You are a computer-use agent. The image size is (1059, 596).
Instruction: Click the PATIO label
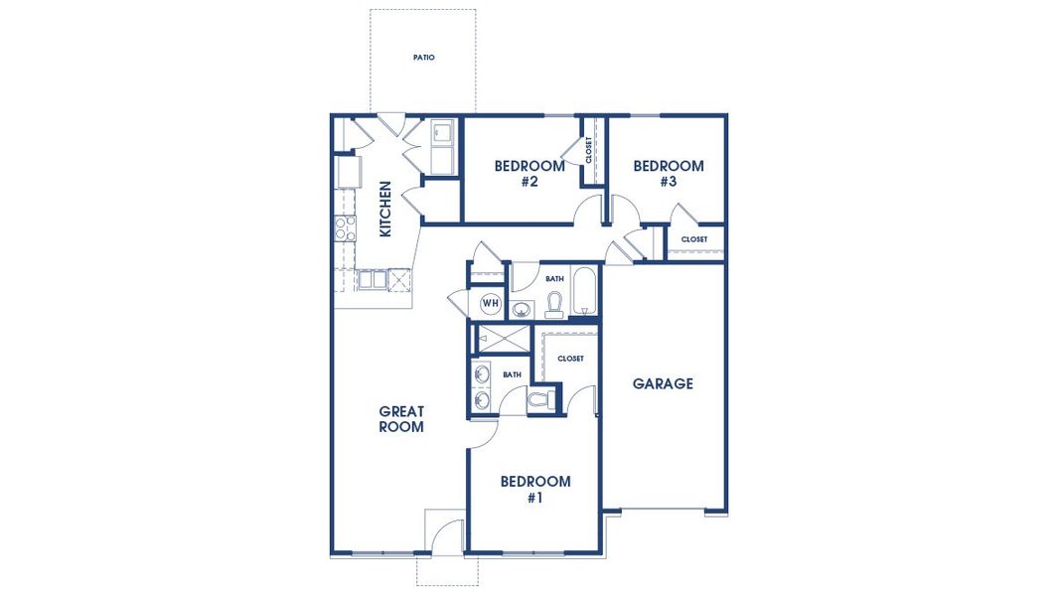click(x=423, y=58)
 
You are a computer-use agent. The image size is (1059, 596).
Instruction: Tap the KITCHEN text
click(x=385, y=209)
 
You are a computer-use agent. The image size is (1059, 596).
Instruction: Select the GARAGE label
click(x=663, y=383)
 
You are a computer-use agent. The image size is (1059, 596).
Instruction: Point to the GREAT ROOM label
click(x=401, y=419)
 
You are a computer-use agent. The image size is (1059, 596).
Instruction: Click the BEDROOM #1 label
click(x=534, y=489)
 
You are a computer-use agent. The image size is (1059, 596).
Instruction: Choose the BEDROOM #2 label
click(x=529, y=174)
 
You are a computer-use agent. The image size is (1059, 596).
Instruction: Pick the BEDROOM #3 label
click(x=669, y=174)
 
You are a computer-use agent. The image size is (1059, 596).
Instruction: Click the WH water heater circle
click(x=491, y=302)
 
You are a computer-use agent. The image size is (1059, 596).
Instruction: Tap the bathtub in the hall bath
click(x=584, y=291)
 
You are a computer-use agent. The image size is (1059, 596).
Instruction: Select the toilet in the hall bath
click(x=554, y=304)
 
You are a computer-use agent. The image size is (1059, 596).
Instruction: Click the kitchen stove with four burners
click(x=345, y=229)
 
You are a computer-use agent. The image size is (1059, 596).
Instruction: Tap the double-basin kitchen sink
click(x=373, y=280)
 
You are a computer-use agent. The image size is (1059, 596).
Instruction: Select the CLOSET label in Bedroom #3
click(x=694, y=239)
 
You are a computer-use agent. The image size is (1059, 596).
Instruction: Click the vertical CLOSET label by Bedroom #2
click(x=589, y=151)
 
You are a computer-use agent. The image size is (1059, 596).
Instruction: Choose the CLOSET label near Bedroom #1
click(x=570, y=359)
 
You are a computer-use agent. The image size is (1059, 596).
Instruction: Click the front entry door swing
click(x=450, y=536)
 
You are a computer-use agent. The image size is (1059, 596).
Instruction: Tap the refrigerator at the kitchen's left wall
click(x=349, y=173)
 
